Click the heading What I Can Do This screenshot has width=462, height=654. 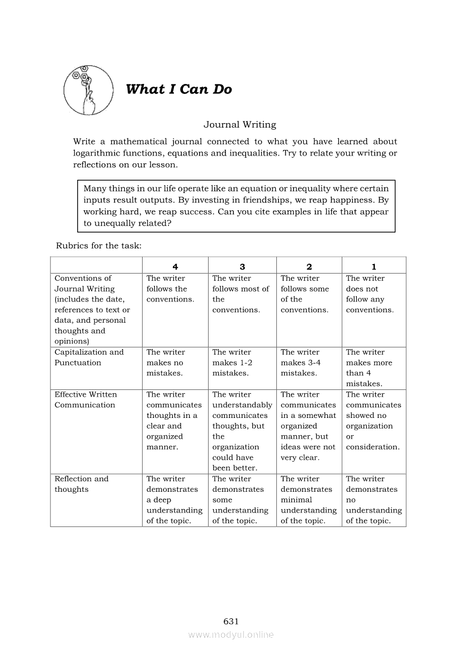pyautogui.click(x=178, y=90)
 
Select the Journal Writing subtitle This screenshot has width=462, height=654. pyautogui.click(x=239, y=125)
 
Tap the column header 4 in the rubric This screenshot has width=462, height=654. pyautogui.click(x=175, y=267)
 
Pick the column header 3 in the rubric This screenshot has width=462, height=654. pyautogui.click(x=242, y=267)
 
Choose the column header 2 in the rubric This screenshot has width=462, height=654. pyautogui.click(x=309, y=267)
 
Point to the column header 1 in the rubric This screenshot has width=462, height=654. pyautogui.click(x=374, y=267)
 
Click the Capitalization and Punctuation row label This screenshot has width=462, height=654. pyautogui.click(x=89, y=357)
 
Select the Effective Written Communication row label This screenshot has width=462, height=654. pyautogui.click(x=86, y=399)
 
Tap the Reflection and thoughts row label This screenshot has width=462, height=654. pyautogui.click(x=81, y=484)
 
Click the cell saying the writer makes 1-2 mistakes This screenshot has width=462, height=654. pyautogui.click(x=232, y=363)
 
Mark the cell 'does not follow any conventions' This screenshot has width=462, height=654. pyautogui.click(x=369, y=294)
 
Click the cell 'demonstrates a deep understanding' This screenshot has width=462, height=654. pyautogui.click(x=174, y=500)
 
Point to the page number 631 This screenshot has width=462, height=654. pyautogui.click(x=231, y=621)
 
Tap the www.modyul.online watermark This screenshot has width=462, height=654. pyautogui.click(x=231, y=634)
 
